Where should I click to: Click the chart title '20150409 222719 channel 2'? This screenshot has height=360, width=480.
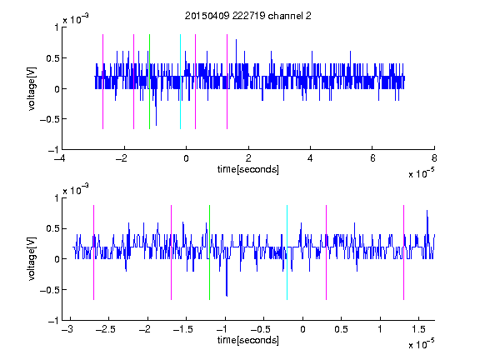click(248, 16)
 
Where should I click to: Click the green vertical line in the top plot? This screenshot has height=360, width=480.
click(149, 82)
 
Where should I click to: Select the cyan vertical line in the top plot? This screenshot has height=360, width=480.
click(180, 82)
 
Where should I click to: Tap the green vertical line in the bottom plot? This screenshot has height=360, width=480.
click(209, 252)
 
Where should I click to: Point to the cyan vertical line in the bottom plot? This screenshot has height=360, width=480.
click(287, 252)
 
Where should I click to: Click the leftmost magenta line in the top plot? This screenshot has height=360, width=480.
click(102, 82)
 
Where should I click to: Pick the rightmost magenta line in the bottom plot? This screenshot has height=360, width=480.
click(403, 252)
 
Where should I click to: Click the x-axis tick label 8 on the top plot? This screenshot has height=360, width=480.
click(434, 158)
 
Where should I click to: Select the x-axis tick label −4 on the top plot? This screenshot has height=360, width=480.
click(60, 158)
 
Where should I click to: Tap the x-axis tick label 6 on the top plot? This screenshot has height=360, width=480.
click(372, 158)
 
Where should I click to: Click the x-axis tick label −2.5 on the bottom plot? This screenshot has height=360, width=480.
click(105, 329)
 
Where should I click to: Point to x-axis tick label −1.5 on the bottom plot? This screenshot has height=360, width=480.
click(182, 329)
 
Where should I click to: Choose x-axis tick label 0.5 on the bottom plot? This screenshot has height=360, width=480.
click(342, 329)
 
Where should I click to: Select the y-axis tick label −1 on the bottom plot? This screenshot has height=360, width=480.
click(53, 321)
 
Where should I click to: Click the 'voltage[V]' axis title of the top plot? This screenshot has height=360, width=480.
click(32, 88)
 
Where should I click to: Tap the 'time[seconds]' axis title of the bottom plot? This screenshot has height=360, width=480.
click(248, 340)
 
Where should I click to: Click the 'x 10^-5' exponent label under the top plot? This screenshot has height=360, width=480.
click(421, 173)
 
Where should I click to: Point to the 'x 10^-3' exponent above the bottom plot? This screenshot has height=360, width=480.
click(76, 190)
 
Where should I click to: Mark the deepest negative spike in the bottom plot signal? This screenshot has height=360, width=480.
click(227, 296)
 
